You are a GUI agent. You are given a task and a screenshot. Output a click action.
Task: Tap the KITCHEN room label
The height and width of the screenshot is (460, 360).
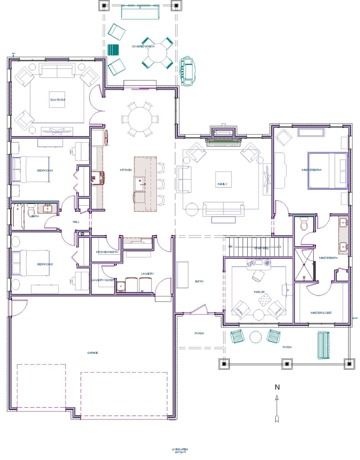click(126, 170)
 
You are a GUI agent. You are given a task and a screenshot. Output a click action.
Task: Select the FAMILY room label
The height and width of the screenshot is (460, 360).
click(222, 184)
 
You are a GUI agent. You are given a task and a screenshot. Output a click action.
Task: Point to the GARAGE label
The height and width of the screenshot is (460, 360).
click(93, 353)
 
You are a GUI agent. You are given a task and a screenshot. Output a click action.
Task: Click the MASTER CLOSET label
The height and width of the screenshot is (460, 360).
click(321, 313)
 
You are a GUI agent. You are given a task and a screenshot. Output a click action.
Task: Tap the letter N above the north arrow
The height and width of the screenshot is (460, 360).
click(277, 387)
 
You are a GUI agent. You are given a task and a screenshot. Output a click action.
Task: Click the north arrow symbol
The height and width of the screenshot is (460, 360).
click(277, 408)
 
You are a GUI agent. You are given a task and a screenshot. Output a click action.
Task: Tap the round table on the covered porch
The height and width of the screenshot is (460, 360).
click(157, 53)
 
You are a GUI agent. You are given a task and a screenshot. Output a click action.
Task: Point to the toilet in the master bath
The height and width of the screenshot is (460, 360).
click(304, 224)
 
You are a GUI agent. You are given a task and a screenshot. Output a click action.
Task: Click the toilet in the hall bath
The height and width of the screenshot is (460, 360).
click(31, 210)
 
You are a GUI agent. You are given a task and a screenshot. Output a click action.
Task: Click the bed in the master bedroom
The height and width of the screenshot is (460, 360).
click(327, 170)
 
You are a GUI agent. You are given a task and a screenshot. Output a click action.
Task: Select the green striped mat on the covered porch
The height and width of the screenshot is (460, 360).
click(113, 49)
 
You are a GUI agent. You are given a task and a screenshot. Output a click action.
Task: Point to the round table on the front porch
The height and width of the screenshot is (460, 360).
click(255, 337)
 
